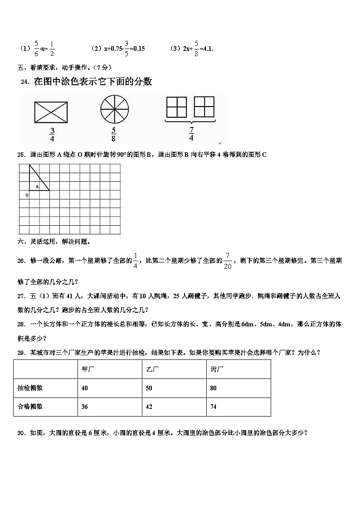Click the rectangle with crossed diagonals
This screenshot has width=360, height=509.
51,111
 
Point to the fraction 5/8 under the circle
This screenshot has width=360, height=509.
113,135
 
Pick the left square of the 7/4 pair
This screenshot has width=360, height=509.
176,107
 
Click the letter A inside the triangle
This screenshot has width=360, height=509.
37,186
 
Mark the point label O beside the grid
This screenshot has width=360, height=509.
27,195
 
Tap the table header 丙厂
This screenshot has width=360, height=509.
216,369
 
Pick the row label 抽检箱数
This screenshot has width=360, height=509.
30,388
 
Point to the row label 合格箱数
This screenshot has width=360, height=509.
30,407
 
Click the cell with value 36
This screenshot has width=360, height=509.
84,407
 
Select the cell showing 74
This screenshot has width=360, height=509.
214,407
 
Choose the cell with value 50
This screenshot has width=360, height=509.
149,388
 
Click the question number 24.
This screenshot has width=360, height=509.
25,82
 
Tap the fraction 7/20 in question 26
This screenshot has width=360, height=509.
228,262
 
